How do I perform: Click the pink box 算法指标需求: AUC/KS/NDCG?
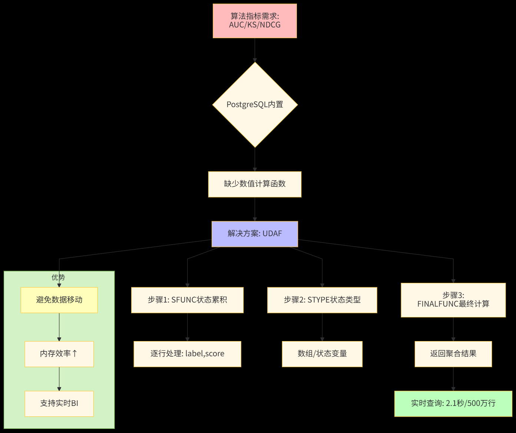click(255, 21)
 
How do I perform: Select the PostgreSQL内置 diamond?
click(255, 105)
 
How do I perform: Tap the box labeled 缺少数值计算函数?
click(255, 184)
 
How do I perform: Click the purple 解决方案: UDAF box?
click(255, 234)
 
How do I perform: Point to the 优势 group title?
click(58, 277)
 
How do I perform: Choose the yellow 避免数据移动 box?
click(59, 300)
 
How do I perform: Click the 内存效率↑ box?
click(59, 354)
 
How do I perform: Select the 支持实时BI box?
click(59, 403)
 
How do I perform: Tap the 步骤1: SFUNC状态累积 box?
click(187, 300)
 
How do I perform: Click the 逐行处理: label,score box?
click(187, 354)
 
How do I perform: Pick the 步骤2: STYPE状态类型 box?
click(322, 300)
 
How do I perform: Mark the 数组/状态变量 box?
click(322, 354)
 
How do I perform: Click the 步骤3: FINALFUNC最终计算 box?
click(453, 300)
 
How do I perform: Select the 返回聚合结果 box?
click(453, 354)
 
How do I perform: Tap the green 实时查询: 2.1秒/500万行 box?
click(453, 403)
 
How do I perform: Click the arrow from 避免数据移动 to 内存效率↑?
click(59, 327)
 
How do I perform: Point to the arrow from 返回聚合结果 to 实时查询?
click(453, 379)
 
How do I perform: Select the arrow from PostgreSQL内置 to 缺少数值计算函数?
click(255, 159)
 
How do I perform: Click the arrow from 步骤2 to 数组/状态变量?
click(322, 327)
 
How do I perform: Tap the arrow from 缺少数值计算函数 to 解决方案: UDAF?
click(255, 209)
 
